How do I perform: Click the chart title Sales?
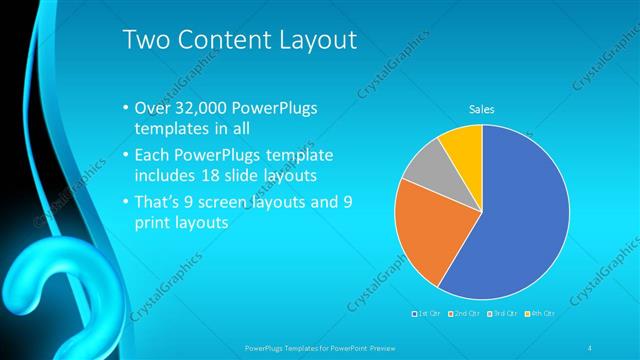tap(482, 110)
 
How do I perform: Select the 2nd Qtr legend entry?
tap(465, 313)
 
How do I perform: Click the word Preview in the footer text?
tap(374, 346)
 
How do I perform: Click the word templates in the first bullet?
tap(169, 130)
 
